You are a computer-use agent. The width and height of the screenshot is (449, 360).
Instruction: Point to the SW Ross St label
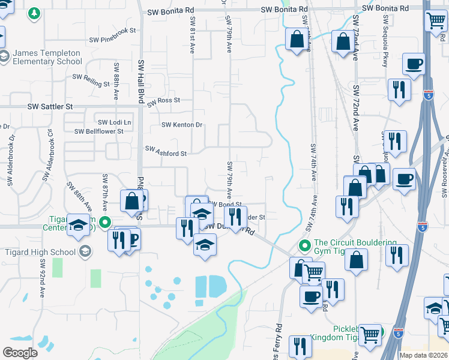163,100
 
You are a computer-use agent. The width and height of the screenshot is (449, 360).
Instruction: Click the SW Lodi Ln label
114,122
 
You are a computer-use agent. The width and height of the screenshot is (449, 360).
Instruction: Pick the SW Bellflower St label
98,131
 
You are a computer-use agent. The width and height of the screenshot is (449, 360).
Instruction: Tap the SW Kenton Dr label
182,125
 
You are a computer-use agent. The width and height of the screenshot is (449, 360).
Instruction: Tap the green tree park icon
35,13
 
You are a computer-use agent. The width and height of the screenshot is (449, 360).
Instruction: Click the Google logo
20,352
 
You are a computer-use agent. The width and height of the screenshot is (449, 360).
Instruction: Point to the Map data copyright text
423,355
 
